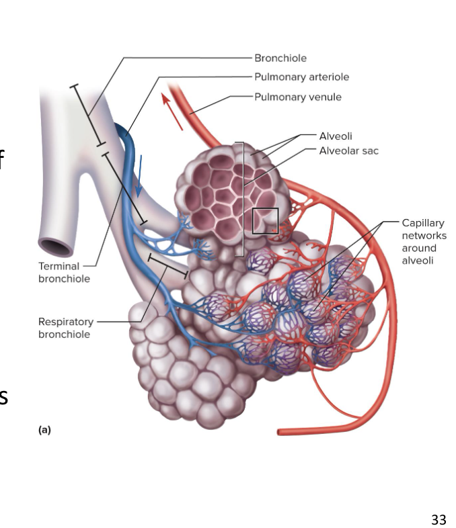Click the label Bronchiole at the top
[x=280, y=58]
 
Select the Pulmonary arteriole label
[x=301, y=77]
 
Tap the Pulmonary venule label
[x=297, y=97]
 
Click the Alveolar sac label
[x=348, y=150]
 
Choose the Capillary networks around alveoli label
[x=424, y=241]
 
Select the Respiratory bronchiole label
[x=65, y=328]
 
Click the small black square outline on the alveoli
[x=265, y=221]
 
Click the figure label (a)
[x=44, y=431]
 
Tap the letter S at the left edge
[x=3, y=397]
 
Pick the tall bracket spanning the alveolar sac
[x=241, y=199]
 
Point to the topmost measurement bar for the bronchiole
[x=87, y=114]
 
